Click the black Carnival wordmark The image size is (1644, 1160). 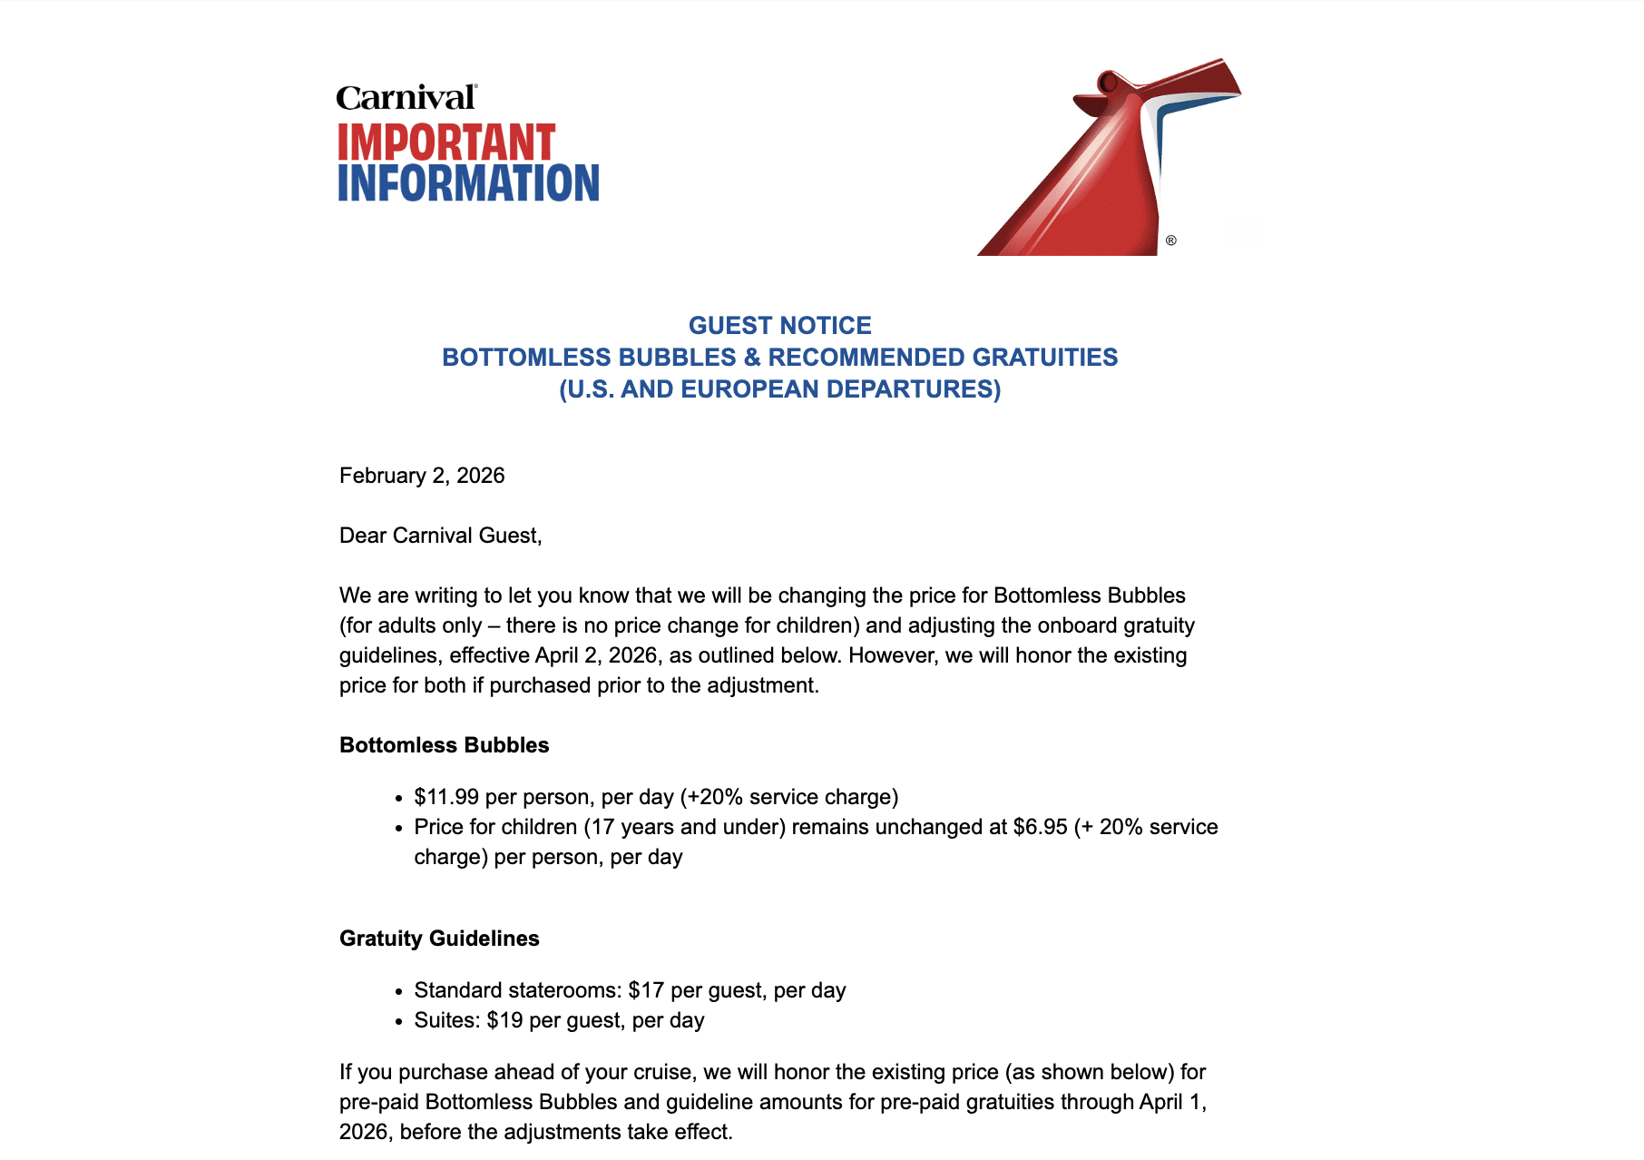tap(406, 97)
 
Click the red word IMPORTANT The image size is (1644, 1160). tap(445, 143)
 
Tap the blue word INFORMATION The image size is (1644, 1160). tap(468, 182)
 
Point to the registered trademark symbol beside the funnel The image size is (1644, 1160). tap(1171, 241)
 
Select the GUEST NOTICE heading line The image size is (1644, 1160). tap(779, 325)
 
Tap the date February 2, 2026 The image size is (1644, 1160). tap(422, 476)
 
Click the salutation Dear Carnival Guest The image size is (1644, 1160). tap(440, 536)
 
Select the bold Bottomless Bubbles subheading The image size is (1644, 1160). tap(444, 745)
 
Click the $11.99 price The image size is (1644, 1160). tap(446, 797)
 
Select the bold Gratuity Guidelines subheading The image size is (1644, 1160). tap(439, 939)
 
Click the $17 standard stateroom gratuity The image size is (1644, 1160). tap(646, 990)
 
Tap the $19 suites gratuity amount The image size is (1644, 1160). tap(504, 1020)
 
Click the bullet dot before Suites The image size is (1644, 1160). tap(398, 1022)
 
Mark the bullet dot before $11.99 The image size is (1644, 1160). tap(398, 799)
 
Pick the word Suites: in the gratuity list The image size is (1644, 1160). tap(446, 1020)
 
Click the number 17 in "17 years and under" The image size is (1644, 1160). tap(603, 827)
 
